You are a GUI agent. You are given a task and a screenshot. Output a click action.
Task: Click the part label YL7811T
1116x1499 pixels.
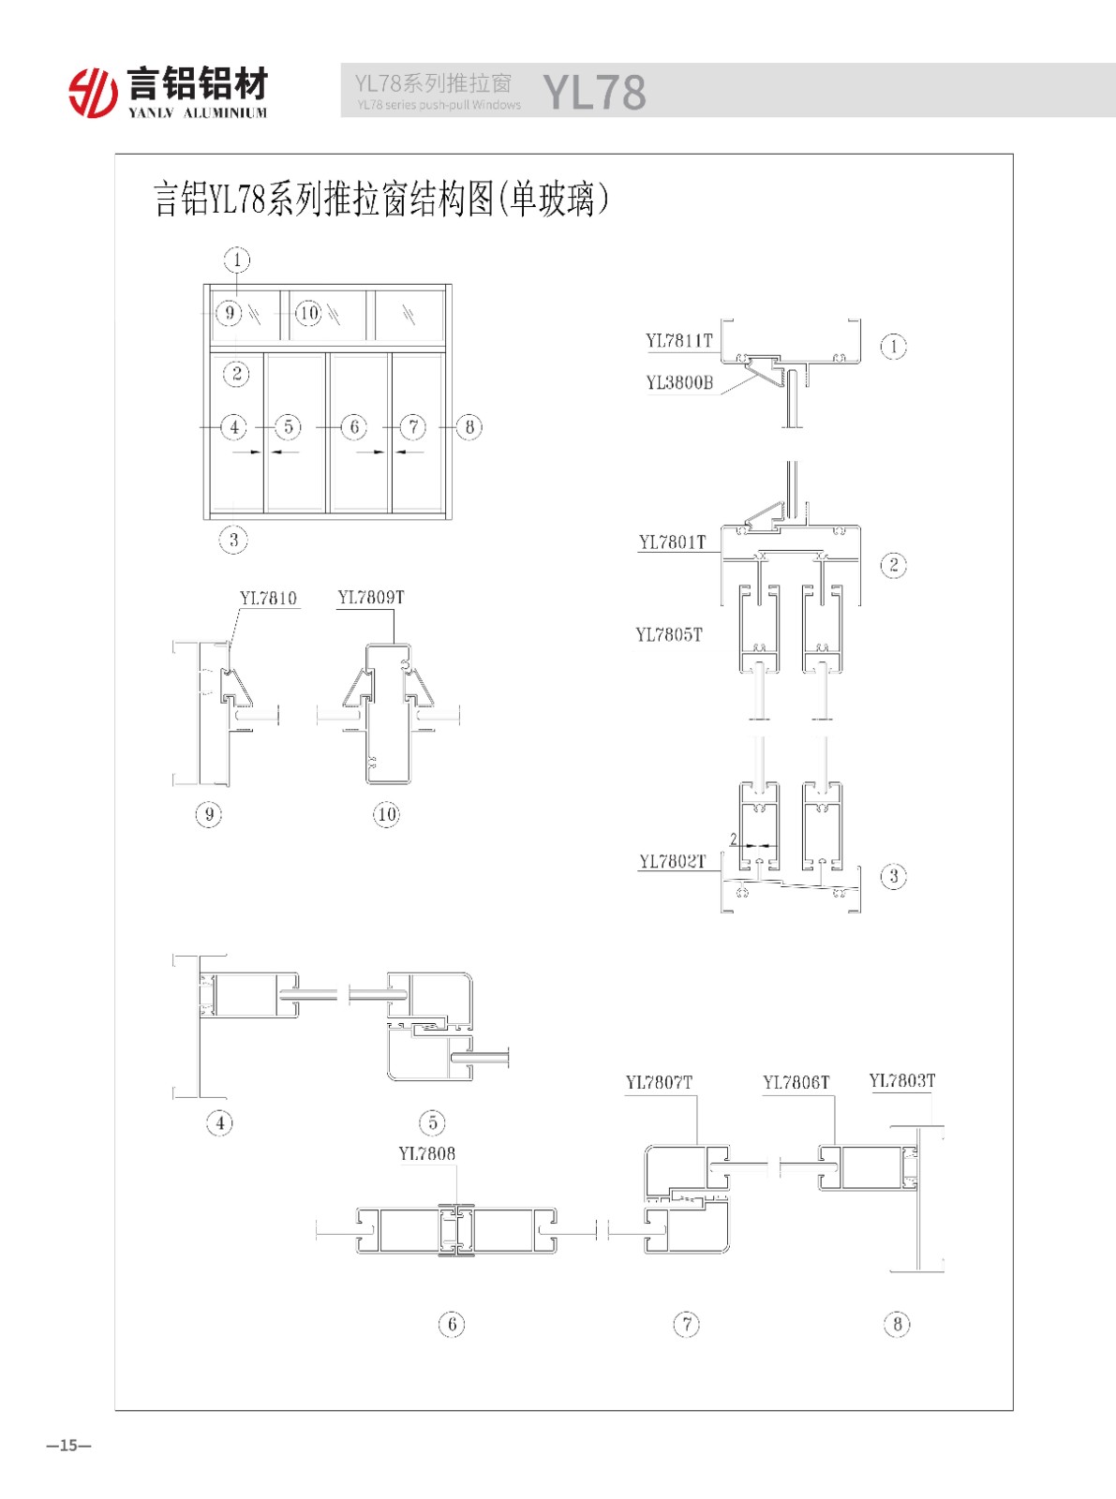tap(678, 341)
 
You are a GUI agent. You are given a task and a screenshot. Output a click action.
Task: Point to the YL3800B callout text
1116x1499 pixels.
tap(679, 382)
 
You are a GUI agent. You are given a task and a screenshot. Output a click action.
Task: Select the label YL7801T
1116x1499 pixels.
tap(672, 542)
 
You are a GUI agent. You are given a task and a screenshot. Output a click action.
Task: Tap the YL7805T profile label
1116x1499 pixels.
tap(668, 634)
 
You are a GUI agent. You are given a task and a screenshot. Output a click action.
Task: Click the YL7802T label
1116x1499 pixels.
tap(673, 862)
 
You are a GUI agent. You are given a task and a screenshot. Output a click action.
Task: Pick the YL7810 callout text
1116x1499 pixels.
tap(268, 598)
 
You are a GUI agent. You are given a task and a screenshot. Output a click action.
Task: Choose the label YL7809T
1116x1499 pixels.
tap(371, 598)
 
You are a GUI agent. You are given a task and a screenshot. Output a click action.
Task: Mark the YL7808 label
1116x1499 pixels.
tap(426, 1153)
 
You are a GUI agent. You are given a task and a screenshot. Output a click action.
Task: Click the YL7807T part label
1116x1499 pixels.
tap(659, 1083)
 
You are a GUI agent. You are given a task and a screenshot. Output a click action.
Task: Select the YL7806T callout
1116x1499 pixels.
tap(796, 1083)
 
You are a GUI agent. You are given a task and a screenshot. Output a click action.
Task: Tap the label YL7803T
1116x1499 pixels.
tap(902, 1080)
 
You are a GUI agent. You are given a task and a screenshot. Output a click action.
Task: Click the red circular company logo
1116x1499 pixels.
tap(93, 93)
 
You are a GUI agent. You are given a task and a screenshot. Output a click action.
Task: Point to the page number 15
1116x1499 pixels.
tap(68, 1446)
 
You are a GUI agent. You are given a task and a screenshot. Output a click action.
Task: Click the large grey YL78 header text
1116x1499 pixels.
tap(595, 92)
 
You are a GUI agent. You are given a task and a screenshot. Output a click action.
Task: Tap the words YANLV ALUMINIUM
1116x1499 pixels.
tap(198, 112)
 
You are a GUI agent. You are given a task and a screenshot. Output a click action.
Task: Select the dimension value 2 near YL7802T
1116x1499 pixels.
tap(734, 839)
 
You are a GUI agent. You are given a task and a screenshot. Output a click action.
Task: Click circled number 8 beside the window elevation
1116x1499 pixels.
tap(469, 427)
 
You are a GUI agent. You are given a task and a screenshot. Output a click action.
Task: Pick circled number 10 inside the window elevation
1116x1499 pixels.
tap(309, 313)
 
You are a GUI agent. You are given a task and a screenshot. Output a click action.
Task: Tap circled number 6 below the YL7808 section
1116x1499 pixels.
tap(452, 1324)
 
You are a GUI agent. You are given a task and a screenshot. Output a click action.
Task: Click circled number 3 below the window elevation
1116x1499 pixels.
tap(233, 540)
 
